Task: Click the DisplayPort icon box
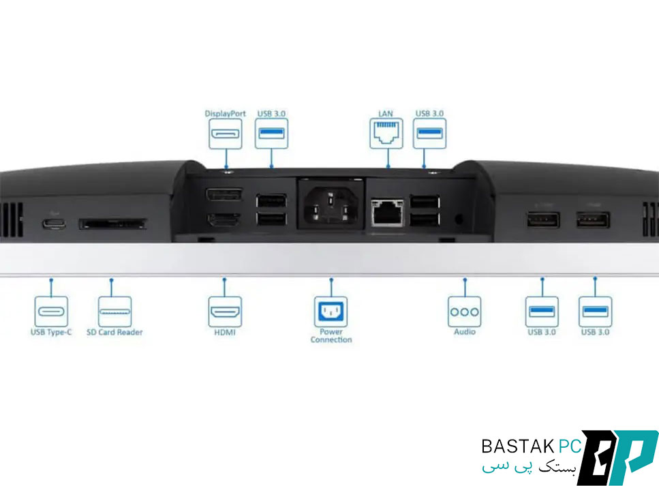click(x=226, y=134)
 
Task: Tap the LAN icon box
click(x=386, y=134)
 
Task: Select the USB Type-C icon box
click(x=51, y=312)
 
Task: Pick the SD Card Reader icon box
click(x=114, y=312)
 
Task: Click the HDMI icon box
click(x=226, y=312)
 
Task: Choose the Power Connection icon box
click(x=331, y=312)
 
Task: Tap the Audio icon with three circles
click(x=464, y=312)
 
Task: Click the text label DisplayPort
click(x=226, y=114)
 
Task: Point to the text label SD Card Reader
click(x=114, y=332)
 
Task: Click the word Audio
click(x=464, y=332)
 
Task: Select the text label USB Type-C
click(x=51, y=332)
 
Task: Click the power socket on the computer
click(x=331, y=204)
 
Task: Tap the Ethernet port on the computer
click(x=386, y=212)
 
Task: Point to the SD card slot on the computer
click(x=113, y=224)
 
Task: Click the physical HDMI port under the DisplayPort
click(x=224, y=219)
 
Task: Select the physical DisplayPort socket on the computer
click(x=224, y=194)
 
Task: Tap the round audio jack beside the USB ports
click(x=459, y=219)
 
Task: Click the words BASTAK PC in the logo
click(x=532, y=446)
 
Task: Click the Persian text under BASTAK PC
click(x=529, y=467)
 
